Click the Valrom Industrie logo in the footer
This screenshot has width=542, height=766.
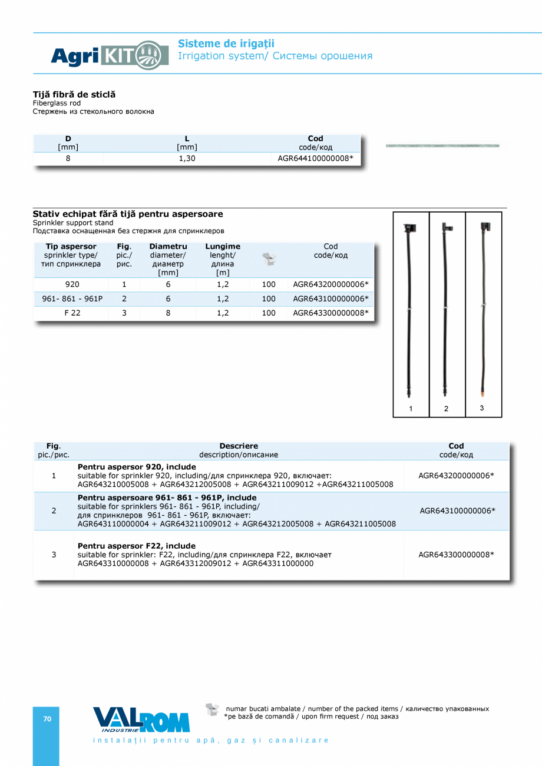tap(141, 719)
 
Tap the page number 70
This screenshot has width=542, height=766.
tap(47, 719)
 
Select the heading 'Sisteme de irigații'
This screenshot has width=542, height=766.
tap(226, 44)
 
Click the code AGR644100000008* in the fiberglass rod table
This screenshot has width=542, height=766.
tap(315, 158)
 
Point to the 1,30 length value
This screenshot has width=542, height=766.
tap(187, 158)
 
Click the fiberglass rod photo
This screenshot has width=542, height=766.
tap(442, 145)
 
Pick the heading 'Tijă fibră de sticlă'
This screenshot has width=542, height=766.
tap(74, 94)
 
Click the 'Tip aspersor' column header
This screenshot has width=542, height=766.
tap(71, 246)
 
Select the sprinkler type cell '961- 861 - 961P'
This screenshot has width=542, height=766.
tap(72, 299)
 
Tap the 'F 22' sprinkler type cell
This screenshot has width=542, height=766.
tap(72, 313)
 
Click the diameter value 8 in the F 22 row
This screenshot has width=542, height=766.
tap(168, 313)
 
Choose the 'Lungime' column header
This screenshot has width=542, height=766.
tap(223, 246)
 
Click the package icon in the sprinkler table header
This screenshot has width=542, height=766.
tap(269, 258)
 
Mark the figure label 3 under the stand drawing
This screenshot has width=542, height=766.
tap(482, 407)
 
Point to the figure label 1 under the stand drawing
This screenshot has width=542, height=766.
tap(411, 408)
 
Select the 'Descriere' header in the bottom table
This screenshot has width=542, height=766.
tap(239, 446)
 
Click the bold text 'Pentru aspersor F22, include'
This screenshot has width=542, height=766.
tap(137, 546)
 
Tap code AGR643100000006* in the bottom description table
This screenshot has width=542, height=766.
tap(457, 510)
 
